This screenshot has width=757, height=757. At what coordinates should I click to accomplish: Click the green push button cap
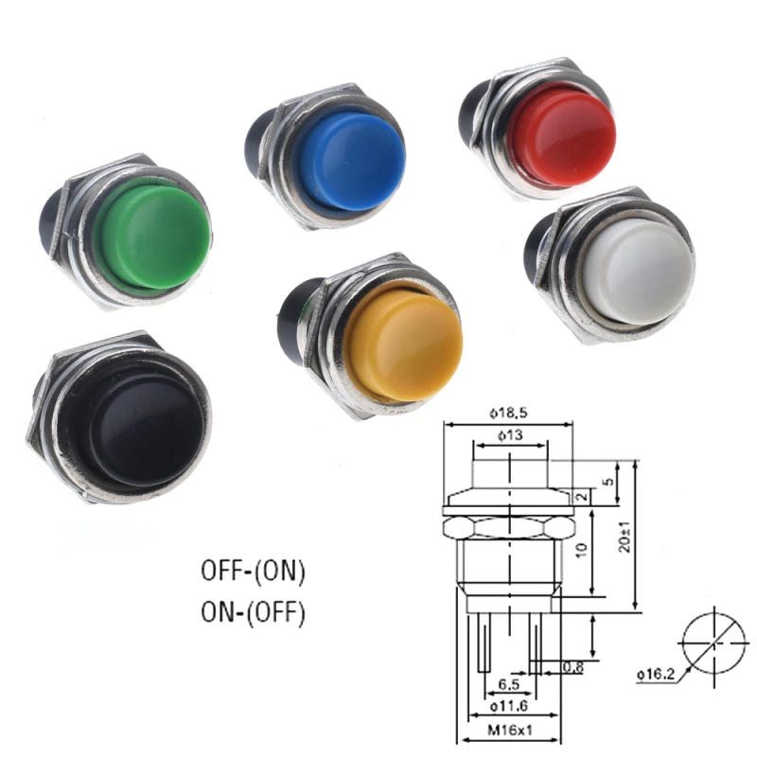coord(151,235)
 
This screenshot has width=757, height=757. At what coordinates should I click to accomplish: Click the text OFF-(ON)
coord(254,571)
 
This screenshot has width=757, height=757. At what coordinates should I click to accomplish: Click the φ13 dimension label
coord(509,436)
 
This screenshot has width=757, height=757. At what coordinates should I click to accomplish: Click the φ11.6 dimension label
coord(508,707)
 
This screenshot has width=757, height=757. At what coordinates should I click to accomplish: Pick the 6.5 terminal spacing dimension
coord(508,684)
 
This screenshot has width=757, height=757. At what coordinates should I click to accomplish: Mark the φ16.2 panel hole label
coord(655,674)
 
